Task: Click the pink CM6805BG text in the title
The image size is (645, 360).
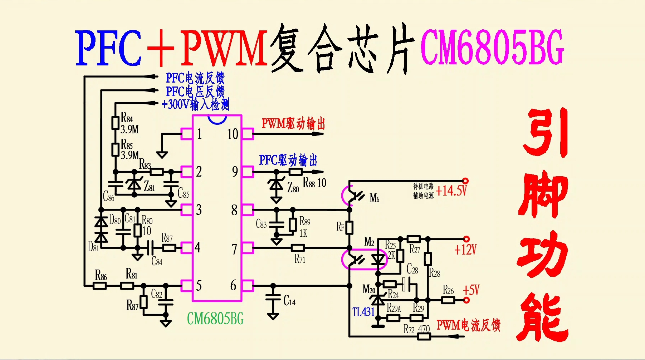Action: (x=492, y=47)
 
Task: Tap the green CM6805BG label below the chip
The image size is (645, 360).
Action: (x=215, y=319)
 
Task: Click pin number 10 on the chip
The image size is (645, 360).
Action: (x=233, y=134)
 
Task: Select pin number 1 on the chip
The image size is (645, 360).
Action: (x=199, y=134)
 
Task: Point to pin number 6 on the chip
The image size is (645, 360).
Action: (x=233, y=286)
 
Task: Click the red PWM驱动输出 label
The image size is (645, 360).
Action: (x=293, y=124)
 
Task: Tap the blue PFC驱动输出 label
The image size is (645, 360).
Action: (x=288, y=160)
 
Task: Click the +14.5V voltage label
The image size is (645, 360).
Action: (x=451, y=191)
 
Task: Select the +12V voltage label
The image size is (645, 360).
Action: (x=465, y=249)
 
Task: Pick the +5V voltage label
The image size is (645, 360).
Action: (x=471, y=290)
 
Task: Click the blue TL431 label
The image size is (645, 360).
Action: (x=363, y=312)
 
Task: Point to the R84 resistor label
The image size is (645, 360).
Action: (x=127, y=117)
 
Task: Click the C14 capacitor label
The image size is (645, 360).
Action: (x=289, y=301)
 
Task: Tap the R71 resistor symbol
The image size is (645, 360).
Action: (x=298, y=247)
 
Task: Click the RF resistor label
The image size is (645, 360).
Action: (x=340, y=227)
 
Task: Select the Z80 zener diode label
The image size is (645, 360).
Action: (x=293, y=187)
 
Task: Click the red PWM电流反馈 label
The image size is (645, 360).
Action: (x=468, y=325)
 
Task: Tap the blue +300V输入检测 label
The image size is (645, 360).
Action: (x=195, y=104)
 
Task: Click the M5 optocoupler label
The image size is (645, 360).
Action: (x=374, y=198)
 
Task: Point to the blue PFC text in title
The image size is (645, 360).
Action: (x=108, y=48)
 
